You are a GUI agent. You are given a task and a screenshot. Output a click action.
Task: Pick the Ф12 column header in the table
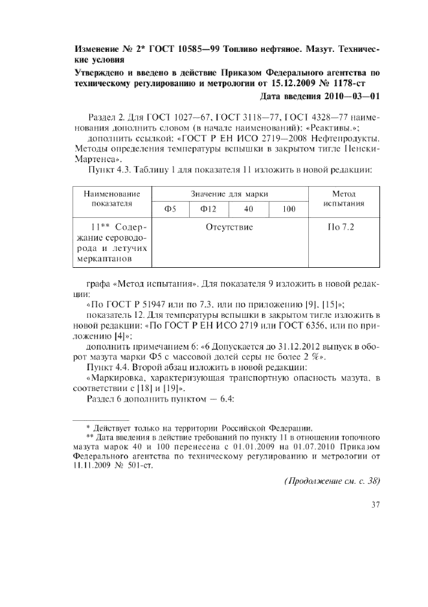pos(209,209)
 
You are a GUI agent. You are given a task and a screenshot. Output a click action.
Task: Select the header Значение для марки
pos(229,193)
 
